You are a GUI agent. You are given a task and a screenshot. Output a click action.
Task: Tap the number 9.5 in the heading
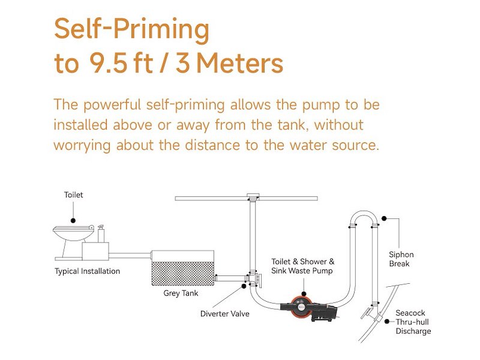(x=109, y=63)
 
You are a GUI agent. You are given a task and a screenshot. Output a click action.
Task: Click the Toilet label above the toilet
(x=73, y=194)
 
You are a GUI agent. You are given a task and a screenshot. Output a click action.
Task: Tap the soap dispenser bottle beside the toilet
(x=101, y=233)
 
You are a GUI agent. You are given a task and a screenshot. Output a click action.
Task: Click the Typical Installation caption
(x=87, y=271)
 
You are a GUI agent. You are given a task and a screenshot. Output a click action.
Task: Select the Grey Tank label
(x=181, y=293)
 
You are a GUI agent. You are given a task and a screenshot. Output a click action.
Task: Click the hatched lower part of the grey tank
(x=183, y=274)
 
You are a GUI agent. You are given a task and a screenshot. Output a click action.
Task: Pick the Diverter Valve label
(x=224, y=314)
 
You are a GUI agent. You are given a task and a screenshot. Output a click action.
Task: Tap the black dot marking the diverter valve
(x=244, y=286)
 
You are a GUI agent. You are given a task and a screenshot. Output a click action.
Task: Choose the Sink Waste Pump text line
(x=302, y=271)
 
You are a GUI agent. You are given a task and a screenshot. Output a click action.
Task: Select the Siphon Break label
(x=401, y=259)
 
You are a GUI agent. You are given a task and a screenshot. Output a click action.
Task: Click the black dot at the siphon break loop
(x=384, y=218)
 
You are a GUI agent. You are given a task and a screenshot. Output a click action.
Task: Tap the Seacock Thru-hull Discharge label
(x=413, y=322)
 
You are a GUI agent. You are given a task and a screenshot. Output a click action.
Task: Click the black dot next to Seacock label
(x=387, y=322)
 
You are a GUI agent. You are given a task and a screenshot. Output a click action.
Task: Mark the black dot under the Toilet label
(x=73, y=220)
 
